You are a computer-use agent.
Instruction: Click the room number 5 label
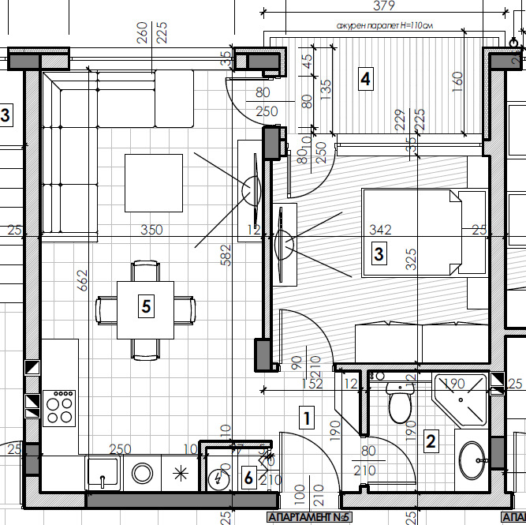tap(145, 306)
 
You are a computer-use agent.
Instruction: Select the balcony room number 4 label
tap(364, 79)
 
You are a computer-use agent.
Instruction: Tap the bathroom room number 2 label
tap(431, 441)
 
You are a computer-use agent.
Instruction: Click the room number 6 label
tap(248, 478)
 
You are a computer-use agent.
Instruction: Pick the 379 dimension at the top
tap(383, 7)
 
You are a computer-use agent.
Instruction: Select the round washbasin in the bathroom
tap(472, 459)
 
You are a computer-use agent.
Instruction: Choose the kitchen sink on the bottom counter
tap(103, 475)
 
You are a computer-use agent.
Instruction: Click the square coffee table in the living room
tap(153, 183)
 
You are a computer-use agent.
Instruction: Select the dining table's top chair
tap(144, 271)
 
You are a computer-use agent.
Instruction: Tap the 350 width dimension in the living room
tap(151, 231)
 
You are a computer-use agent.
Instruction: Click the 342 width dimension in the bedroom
tap(381, 230)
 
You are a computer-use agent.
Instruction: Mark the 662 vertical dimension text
tap(82, 280)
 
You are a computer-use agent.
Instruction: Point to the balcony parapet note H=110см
tap(386, 25)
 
